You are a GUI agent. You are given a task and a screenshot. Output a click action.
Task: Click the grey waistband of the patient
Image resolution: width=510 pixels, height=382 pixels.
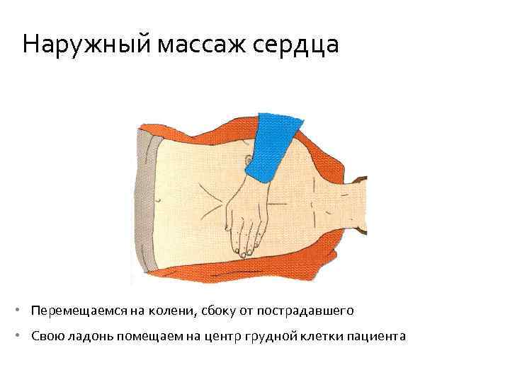pyautogui.click(x=142, y=205)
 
